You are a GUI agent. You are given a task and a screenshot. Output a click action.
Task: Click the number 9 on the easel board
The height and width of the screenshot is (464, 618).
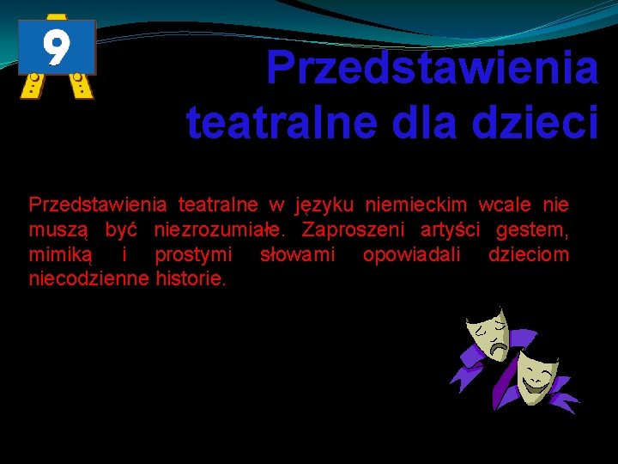(56, 47)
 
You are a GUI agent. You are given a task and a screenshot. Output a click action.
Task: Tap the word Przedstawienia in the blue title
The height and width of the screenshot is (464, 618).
(432, 67)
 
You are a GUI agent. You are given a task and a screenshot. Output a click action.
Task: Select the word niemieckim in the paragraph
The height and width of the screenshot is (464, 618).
(416, 205)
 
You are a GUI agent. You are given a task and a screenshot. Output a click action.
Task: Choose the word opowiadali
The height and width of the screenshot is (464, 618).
(411, 255)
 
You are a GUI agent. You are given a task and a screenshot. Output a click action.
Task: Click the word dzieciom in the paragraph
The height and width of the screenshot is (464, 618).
(528, 255)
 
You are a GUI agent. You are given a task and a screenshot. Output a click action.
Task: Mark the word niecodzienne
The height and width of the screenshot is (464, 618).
(89, 279)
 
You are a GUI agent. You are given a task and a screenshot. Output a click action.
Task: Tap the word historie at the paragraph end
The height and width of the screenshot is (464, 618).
(191, 279)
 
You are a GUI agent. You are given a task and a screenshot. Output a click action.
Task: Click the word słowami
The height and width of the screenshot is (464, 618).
(297, 255)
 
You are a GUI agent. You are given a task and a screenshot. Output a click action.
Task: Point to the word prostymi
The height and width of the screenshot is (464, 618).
(193, 255)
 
